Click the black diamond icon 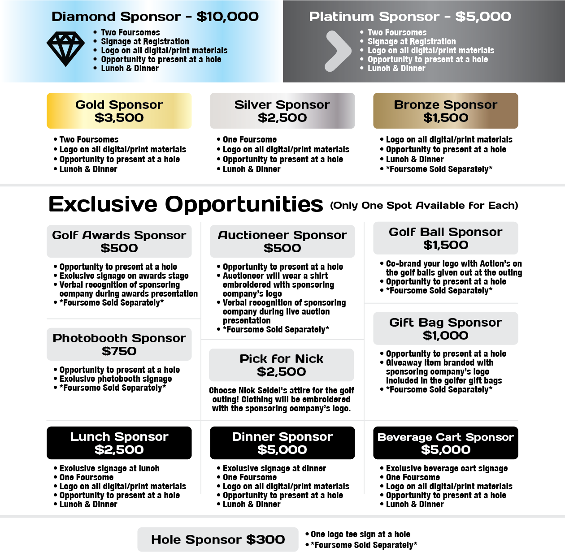pos(65,49)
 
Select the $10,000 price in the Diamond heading pos(227,17)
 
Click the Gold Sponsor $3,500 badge pos(119,111)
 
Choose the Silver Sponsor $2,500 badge pos(282,111)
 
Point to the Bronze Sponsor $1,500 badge pos(446,111)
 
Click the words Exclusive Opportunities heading pos(186,204)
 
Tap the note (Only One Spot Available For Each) pos(424,206)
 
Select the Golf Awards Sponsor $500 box pos(119,241)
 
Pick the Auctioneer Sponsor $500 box pos(282,241)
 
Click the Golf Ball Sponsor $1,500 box pos(446,238)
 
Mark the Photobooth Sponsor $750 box pos(119,344)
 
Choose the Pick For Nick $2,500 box pos(282,365)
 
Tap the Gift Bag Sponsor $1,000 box pos(446,328)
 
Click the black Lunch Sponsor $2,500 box pos(119,443)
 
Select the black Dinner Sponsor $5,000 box pos(282,443)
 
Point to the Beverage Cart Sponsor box pos(446,443)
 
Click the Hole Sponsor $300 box pos(218,539)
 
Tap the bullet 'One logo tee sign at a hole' pos(358,534)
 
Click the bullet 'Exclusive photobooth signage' pos(113,379)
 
